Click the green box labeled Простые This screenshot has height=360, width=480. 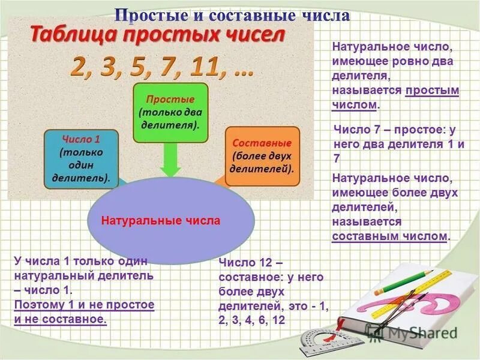(170, 113)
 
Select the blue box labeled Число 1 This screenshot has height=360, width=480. (81, 157)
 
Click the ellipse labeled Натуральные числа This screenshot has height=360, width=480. (160, 221)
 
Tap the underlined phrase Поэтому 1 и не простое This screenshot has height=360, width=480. (85, 305)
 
